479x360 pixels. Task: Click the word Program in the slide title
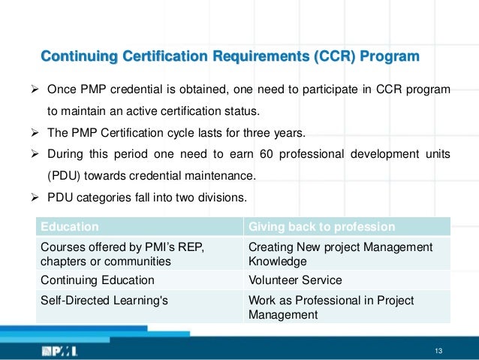[389, 57]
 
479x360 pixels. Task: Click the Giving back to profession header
[321, 226]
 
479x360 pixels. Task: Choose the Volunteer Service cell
[294, 280]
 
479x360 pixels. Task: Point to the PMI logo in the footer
[59, 351]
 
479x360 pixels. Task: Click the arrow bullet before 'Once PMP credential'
[32, 90]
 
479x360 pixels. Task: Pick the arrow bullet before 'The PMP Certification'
[32, 134]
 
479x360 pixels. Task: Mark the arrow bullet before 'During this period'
[32, 155]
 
